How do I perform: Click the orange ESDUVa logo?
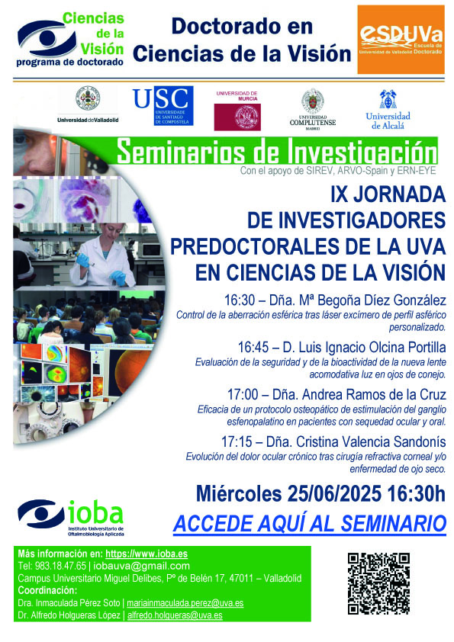[x=401, y=40]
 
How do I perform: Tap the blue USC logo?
[x=163, y=105]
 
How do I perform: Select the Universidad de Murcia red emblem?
[x=237, y=117]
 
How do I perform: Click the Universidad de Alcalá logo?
[x=388, y=110]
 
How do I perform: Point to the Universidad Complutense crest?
[x=313, y=98]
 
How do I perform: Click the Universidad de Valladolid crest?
[x=88, y=98]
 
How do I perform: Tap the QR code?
[x=378, y=583]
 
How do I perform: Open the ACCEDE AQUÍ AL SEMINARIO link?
[x=309, y=524]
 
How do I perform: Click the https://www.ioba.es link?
[x=147, y=554]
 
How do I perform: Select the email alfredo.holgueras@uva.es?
[x=175, y=615]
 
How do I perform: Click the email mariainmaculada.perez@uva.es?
[x=185, y=602]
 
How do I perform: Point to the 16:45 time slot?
[x=253, y=348]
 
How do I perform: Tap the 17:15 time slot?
[x=237, y=441]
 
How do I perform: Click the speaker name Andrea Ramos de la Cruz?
[x=374, y=395]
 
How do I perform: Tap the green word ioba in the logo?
[x=95, y=512]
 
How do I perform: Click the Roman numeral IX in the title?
[x=339, y=194]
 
